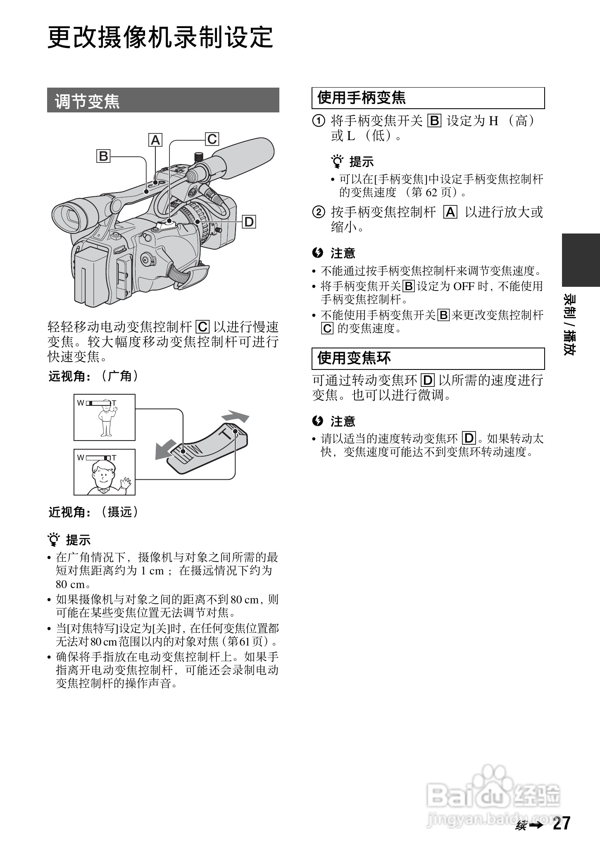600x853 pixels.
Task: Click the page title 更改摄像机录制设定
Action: pyautogui.click(x=160, y=37)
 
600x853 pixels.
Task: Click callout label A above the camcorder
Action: pyautogui.click(x=155, y=140)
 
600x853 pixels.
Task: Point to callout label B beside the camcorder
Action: pyautogui.click(x=103, y=156)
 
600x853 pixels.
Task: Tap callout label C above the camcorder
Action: pyautogui.click(x=212, y=139)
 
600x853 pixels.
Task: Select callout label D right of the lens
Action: pyautogui.click(x=249, y=222)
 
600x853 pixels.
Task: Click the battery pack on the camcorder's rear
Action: pyautogui.click(x=91, y=275)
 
